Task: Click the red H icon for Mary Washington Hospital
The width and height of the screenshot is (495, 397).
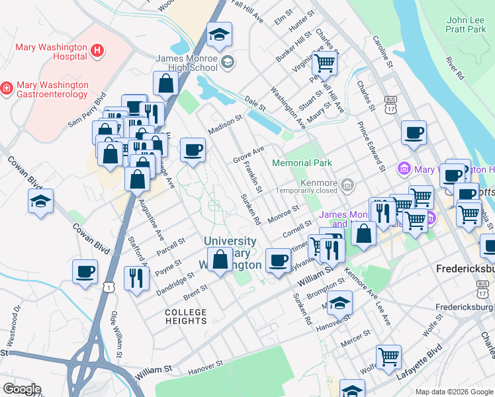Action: click(97, 50)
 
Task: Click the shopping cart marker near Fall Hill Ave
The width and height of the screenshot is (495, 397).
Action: click(324, 64)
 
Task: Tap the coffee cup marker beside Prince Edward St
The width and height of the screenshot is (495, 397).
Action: click(414, 132)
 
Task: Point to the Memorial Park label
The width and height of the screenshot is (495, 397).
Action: click(301, 162)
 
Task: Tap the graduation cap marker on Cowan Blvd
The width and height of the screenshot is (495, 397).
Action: click(40, 201)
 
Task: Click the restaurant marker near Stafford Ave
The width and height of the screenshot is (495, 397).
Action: click(136, 277)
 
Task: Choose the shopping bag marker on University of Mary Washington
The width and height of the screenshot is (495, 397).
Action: click(220, 259)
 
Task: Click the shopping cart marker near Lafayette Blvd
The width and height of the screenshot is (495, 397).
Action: click(388, 357)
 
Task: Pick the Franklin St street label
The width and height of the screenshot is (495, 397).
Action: click(253, 177)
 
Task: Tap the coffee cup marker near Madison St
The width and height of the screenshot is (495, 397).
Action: click(193, 149)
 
